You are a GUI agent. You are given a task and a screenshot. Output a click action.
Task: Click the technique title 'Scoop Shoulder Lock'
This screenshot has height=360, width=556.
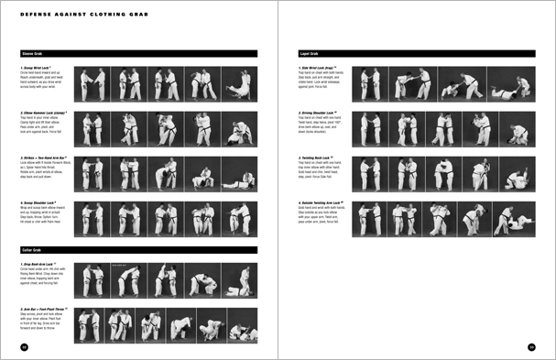42,202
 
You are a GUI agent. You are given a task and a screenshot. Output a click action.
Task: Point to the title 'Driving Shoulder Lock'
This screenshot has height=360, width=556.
320,114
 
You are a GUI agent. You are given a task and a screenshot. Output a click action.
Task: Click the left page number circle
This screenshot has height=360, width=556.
25,346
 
